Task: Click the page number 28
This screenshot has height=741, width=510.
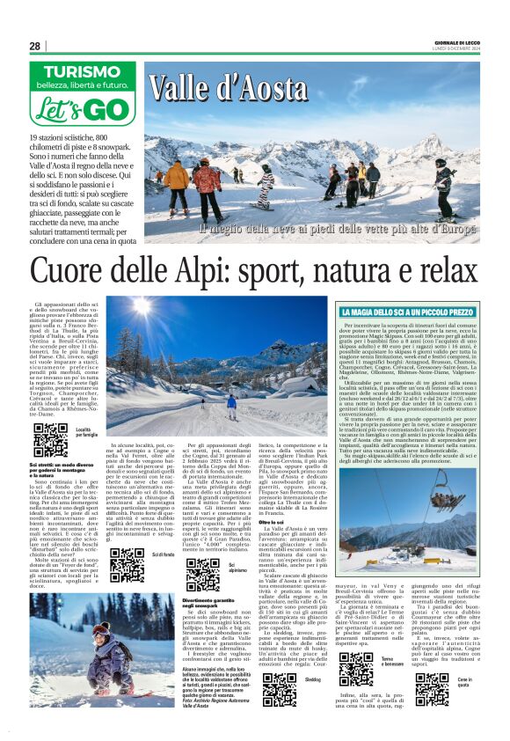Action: [x=35, y=46]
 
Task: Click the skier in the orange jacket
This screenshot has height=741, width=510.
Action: [x=177, y=181]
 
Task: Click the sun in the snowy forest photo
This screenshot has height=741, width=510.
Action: [x=140, y=308]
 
